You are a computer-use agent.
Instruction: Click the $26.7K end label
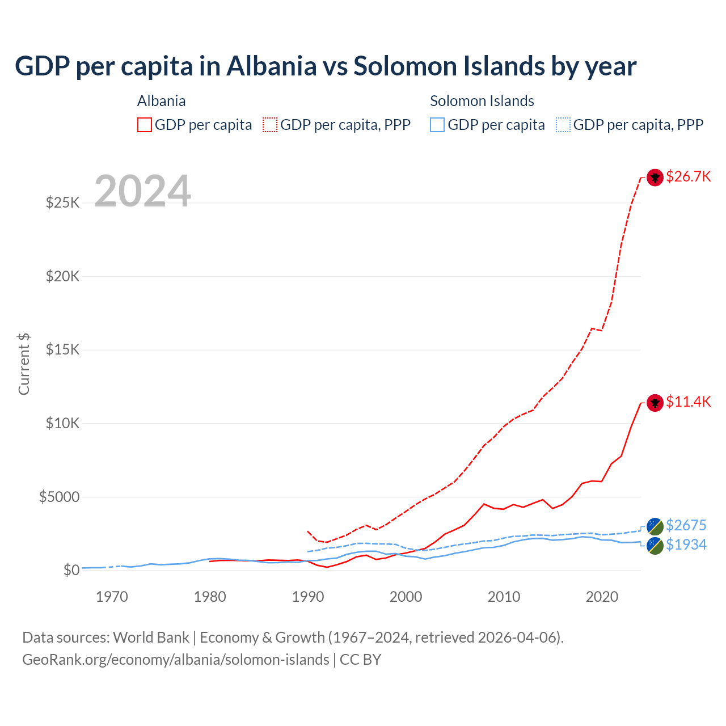click(x=688, y=176)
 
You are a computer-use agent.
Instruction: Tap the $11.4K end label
click(x=688, y=402)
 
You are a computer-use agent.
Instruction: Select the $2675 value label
click(x=686, y=525)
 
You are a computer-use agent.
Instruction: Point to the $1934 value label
click(x=686, y=544)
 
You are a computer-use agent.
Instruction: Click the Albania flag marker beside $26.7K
click(x=655, y=178)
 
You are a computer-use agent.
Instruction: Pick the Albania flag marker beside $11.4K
click(x=655, y=403)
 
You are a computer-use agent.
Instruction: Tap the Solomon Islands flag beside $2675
click(x=655, y=526)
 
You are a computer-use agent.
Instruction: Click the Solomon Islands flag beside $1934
click(x=655, y=546)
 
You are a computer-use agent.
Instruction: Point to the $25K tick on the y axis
click(x=63, y=202)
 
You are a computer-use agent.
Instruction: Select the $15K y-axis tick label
click(x=63, y=349)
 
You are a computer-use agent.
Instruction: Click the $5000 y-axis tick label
click(x=59, y=497)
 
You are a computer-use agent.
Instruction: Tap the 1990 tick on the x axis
click(x=308, y=597)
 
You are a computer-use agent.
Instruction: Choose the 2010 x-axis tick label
click(x=504, y=597)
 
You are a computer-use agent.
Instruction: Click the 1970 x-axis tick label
click(x=112, y=597)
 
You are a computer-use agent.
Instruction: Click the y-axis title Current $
click(x=24, y=364)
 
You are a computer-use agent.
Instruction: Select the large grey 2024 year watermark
click(x=142, y=191)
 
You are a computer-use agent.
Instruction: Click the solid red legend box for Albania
click(x=145, y=125)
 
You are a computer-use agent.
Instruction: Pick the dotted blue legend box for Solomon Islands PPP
click(x=563, y=125)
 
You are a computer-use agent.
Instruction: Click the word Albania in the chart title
click(x=272, y=66)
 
